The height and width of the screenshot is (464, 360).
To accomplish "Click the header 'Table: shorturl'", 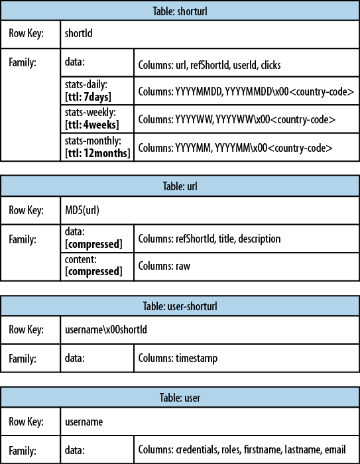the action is click(x=180, y=11).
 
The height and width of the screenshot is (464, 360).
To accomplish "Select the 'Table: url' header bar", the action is click(x=180, y=187).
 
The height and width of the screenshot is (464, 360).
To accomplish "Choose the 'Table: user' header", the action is click(x=180, y=398).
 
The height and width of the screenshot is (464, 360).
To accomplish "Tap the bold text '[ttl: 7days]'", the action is click(x=88, y=97).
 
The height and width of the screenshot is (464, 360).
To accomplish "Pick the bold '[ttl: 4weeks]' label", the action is click(x=92, y=125).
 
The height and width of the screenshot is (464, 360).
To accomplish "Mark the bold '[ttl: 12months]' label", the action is click(x=97, y=153).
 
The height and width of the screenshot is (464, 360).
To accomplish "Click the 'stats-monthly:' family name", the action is click(x=93, y=142).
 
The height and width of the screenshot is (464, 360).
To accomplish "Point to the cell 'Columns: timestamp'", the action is click(x=178, y=359).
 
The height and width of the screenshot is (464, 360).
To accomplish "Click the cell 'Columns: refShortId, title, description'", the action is click(x=209, y=239).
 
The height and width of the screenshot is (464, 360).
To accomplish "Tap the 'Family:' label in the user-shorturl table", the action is click(x=23, y=358).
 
